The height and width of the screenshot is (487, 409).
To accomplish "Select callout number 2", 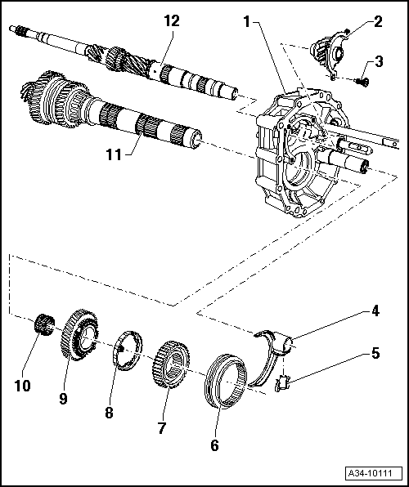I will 378,21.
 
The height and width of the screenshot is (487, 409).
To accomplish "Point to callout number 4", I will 375,311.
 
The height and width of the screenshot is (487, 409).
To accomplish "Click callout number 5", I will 375,353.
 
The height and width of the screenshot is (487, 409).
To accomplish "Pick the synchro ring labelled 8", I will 127,350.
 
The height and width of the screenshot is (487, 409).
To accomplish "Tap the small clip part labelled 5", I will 282,383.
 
